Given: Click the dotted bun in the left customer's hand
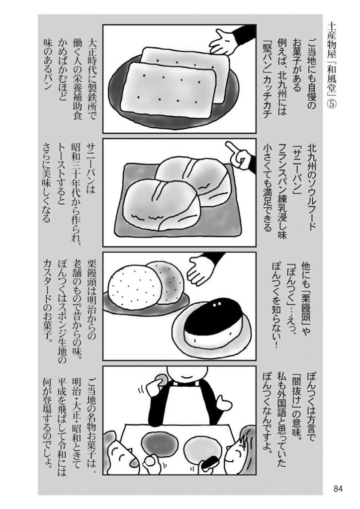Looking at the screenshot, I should (149, 462).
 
